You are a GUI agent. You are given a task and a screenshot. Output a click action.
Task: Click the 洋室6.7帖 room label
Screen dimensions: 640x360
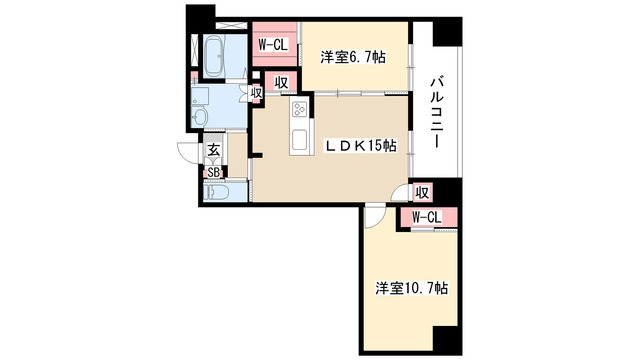point(353,58)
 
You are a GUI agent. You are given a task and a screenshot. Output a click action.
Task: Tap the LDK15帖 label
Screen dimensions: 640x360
point(360,145)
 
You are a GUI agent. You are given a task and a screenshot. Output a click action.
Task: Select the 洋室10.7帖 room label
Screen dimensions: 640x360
point(411,289)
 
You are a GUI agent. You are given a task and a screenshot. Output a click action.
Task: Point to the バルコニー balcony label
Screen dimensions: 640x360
point(436,112)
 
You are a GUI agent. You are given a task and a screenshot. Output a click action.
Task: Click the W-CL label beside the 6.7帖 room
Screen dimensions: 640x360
point(273,44)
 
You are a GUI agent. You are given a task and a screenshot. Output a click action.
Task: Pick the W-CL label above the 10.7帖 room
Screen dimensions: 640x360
point(427,218)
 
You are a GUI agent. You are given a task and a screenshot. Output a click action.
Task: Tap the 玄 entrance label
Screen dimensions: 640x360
point(213,150)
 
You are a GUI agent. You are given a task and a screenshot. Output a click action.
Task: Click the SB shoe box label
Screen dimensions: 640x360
point(213,173)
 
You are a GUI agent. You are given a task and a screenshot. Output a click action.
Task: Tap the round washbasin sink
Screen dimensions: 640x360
point(200,117)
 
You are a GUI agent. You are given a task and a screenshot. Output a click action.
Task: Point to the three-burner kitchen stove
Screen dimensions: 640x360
point(300,109)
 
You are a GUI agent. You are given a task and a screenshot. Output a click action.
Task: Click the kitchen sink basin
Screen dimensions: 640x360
point(300,140)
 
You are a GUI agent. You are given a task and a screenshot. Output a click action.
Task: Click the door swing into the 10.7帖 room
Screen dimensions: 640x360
point(373,217)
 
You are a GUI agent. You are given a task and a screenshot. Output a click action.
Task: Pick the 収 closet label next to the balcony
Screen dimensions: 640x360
point(422,192)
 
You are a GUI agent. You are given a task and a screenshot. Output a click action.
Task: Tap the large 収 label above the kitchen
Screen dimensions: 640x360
point(281,83)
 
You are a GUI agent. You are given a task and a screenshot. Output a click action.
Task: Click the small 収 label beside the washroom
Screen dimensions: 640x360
point(256,93)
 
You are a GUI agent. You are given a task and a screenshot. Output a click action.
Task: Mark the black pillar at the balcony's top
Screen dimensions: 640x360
point(447,32)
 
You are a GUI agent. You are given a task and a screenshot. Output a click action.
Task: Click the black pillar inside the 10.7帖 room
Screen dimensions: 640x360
point(447,339)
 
